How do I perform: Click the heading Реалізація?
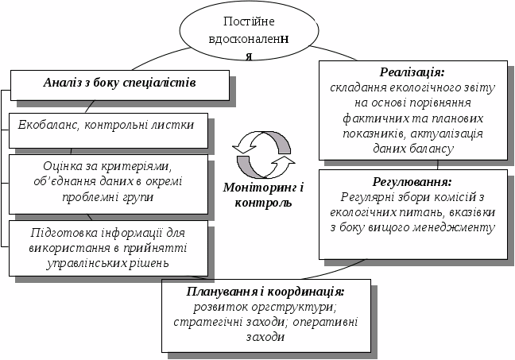(412, 72)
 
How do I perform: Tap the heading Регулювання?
(412, 180)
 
